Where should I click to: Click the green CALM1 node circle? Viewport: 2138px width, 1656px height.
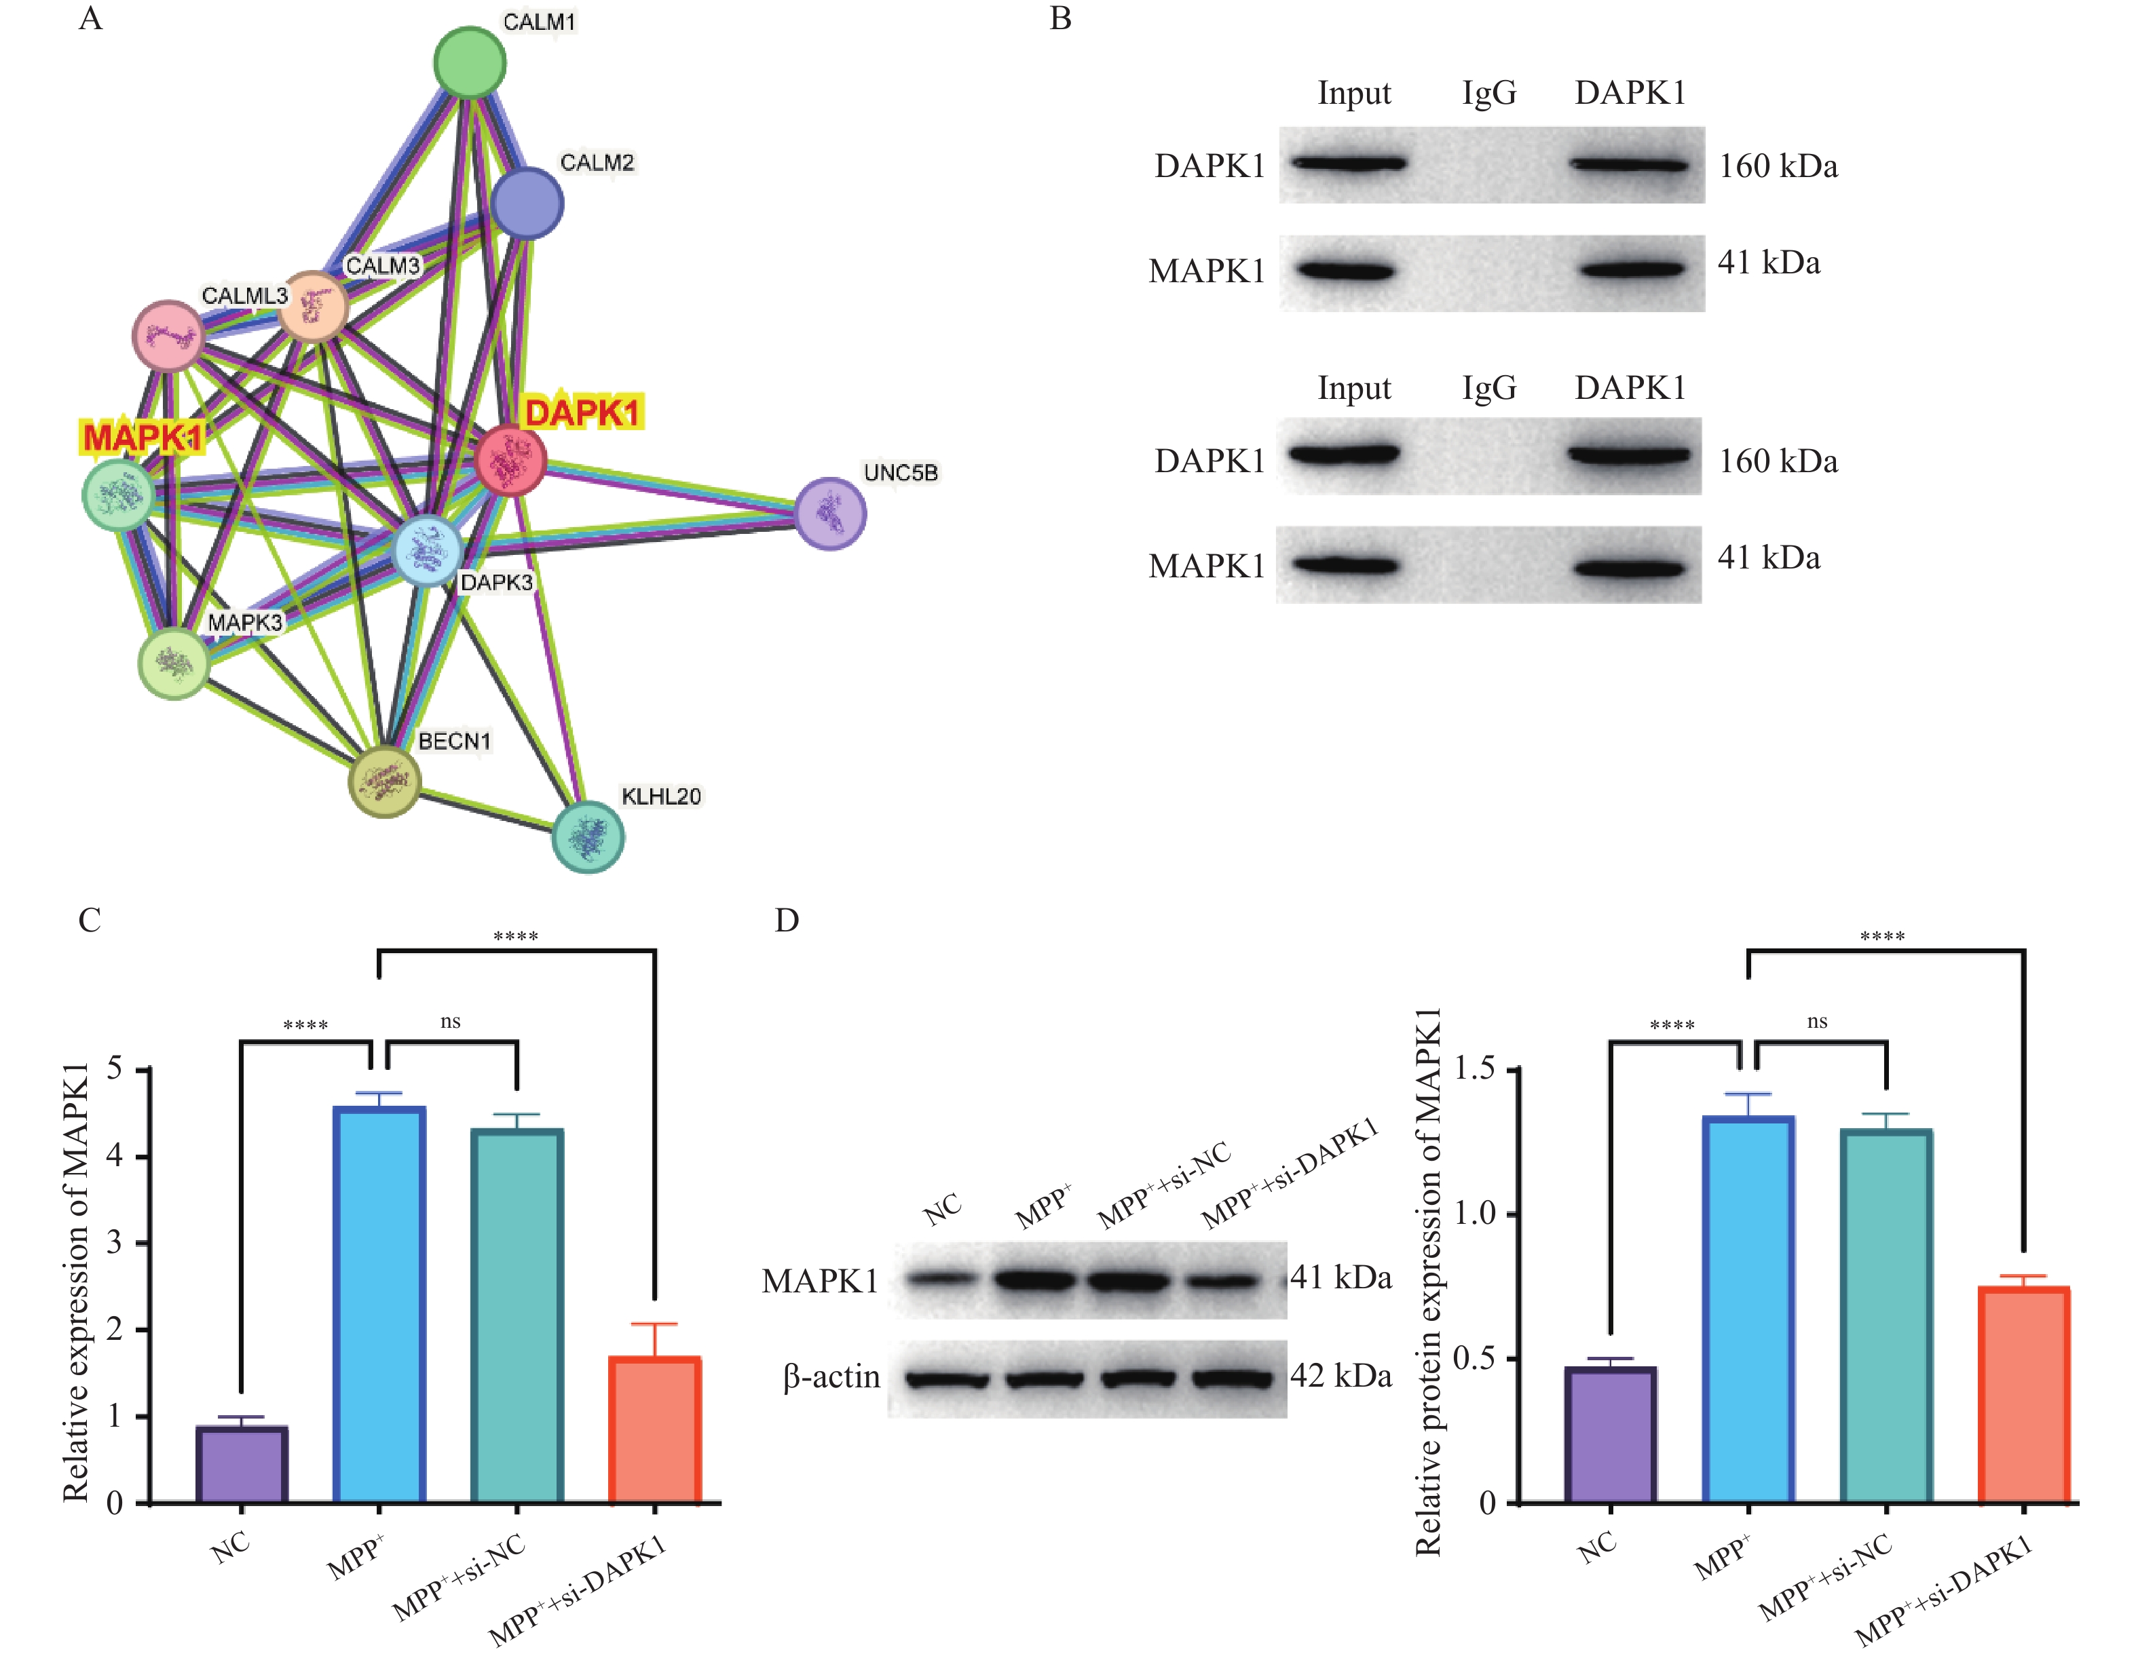pos(470,62)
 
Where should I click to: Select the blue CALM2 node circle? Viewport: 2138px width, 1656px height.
pos(527,204)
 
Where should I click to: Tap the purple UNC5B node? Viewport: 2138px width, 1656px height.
pos(830,513)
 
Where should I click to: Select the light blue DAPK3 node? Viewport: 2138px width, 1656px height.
pos(428,551)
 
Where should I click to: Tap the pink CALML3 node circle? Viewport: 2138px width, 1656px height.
pos(168,336)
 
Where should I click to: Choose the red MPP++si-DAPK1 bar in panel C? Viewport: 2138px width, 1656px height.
pos(655,1429)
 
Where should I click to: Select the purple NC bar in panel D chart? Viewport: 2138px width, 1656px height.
pos(1611,1434)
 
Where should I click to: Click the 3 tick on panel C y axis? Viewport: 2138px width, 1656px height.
pos(115,1243)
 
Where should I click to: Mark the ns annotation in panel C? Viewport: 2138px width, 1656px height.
pos(450,1022)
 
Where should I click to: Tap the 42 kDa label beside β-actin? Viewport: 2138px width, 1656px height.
pos(1341,1376)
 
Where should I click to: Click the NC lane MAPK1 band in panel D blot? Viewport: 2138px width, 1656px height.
pos(942,1278)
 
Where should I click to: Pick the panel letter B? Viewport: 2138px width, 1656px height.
pos(1060,18)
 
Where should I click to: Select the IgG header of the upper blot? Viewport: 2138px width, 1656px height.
pos(1489,93)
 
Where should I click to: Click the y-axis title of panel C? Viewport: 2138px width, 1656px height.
pos(76,1282)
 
